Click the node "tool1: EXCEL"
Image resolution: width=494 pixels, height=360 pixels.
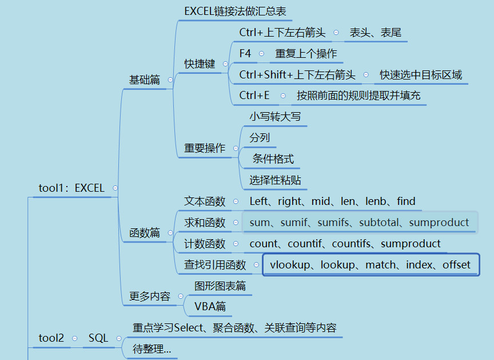point(71,188)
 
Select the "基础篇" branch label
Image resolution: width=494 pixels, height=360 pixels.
point(145,80)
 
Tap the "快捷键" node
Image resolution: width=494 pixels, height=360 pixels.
point(200,64)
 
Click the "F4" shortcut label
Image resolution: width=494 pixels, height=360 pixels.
point(245,53)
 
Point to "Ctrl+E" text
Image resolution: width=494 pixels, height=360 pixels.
point(254,96)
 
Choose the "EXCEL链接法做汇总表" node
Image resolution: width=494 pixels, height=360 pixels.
point(235,11)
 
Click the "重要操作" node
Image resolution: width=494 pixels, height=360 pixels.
point(205,148)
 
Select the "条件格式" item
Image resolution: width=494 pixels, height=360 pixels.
point(273,159)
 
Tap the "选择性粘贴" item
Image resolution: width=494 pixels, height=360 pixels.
point(276,180)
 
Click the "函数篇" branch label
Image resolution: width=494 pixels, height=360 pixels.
point(145,233)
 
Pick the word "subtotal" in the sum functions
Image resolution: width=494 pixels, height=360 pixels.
point(379,223)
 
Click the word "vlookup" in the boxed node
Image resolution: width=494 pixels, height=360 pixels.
point(290,265)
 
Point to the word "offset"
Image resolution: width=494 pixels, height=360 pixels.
point(456,265)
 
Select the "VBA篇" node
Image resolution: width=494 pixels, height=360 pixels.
point(210,306)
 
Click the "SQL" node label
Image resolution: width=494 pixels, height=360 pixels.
point(98,338)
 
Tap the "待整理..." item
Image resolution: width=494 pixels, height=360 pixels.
point(152,349)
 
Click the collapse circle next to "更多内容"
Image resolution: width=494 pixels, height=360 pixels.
point(181,296)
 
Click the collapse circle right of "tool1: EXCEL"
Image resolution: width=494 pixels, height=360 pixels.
point(115,188)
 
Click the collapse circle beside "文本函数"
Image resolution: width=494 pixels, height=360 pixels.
point(236,201)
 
